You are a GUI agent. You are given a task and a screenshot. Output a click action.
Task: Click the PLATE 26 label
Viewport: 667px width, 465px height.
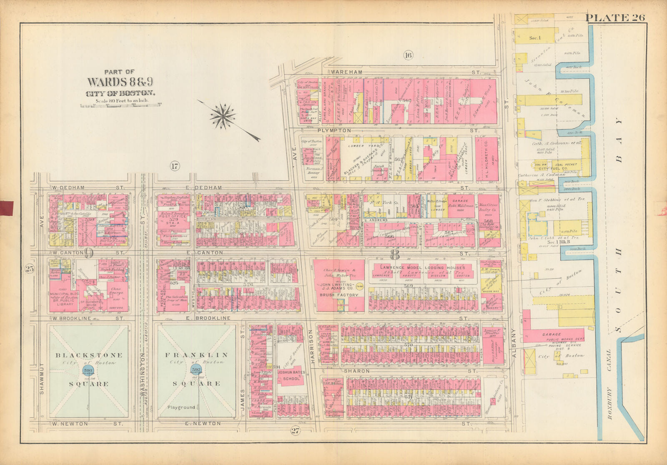coord(615,17)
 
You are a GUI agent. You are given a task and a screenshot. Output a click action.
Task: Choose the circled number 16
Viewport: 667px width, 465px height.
coord(408,55)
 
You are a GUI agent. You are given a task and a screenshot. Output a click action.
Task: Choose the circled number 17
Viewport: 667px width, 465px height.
coord(174,167)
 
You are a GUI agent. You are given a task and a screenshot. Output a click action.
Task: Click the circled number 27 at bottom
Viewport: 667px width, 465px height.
coord(295,431)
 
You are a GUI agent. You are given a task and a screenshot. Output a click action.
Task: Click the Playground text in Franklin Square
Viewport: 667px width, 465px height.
coord(181,407)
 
